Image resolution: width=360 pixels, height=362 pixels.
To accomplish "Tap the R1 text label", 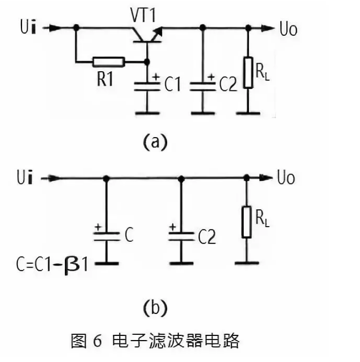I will [104, 79].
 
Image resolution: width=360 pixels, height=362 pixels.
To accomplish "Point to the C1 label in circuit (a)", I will [172, 86].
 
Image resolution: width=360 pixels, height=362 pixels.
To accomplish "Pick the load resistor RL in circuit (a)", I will [248, 73].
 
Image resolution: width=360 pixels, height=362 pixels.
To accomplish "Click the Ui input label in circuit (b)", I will [27, 176].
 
